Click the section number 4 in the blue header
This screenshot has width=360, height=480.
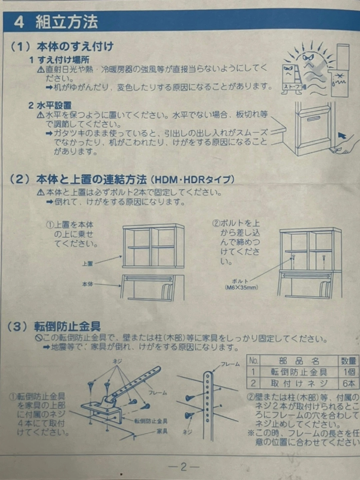click(19, 23)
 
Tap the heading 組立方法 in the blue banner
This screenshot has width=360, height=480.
click(67, 22)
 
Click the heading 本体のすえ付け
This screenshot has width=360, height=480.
click(75, 47)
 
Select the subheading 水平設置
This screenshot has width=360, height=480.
click(54, 106)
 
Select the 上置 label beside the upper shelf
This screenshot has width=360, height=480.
click(88, 264)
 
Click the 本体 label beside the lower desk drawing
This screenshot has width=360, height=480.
click(88, 284)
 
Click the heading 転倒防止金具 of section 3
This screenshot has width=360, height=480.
click(67, 327)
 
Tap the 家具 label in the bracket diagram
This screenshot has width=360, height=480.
click(162, 431)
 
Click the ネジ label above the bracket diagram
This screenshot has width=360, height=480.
click(117, 361)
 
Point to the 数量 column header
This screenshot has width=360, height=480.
click(349, 361)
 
